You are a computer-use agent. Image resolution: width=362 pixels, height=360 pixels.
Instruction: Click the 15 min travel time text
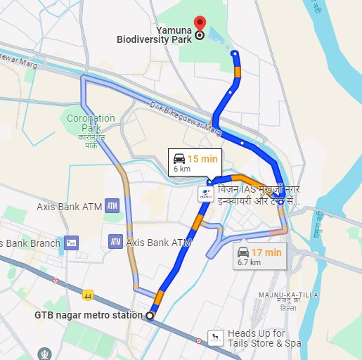coord(203,158)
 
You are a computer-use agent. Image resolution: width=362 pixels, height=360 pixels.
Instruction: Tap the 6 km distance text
coord(182,169)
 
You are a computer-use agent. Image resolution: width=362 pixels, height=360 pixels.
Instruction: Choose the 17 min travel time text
coord(266,252)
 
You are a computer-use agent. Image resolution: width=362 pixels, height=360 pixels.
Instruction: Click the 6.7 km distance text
coord(249,263)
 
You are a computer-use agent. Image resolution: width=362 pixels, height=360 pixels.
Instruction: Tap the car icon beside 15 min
coord(179,158)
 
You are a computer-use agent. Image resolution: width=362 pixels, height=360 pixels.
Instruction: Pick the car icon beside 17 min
coord(243,252)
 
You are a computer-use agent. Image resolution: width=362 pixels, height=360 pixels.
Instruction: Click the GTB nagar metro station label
coord(89,315)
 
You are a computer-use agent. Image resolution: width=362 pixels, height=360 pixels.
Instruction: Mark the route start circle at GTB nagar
coord(149,316)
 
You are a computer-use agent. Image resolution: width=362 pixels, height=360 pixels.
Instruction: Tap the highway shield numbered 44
coord(88,294)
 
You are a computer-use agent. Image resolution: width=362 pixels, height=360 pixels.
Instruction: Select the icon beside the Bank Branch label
coord(70,243)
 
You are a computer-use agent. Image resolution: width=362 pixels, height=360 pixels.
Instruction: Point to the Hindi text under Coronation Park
coord(91,138)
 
